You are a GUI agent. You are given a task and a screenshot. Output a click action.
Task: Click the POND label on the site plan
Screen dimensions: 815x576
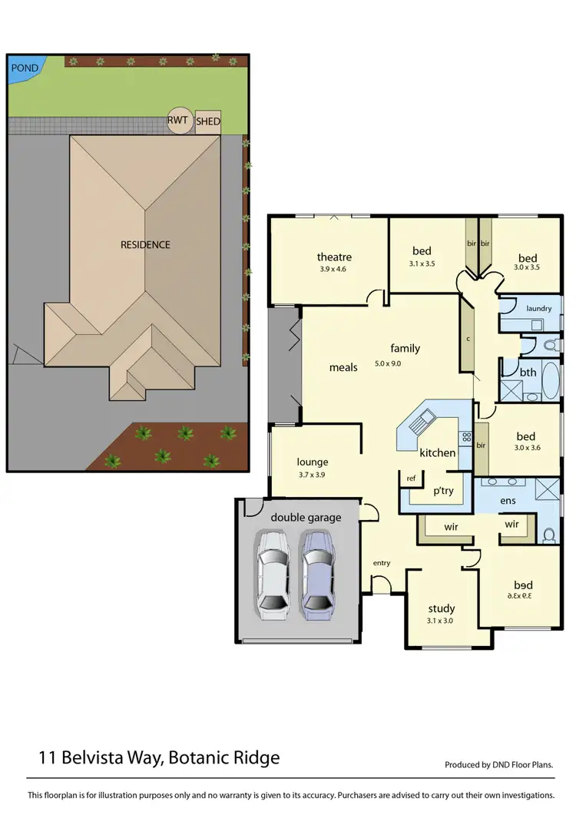(x=25, y=68)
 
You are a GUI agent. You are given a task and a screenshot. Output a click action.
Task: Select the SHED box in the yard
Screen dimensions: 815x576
(x=207, y=121)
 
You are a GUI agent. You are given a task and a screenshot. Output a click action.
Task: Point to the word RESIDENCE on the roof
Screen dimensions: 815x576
(x=145, y=244)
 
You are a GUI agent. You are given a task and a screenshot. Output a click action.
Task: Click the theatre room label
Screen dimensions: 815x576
(x=334, y=257)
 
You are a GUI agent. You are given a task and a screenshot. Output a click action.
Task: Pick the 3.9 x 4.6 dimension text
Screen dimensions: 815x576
(x=334, y=270)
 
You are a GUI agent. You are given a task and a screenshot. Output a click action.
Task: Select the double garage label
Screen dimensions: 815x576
(x=306, y=518)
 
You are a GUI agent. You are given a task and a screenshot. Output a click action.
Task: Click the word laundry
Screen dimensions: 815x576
(x=539, y=309)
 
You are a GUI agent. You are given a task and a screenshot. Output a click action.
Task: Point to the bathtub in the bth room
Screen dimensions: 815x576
(x=549, y=382)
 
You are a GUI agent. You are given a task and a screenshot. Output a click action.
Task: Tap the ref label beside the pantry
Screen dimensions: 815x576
(x=411, y=479)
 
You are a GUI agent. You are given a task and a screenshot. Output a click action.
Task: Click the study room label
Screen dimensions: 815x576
(x=442, y=608)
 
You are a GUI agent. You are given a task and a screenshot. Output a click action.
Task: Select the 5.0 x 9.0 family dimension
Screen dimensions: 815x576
(x=389, y=363)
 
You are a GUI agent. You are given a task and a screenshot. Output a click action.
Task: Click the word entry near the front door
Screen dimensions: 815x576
(x=382, y=563)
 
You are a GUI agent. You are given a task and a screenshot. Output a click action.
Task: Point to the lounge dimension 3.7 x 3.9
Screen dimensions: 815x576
(x=313, y=475)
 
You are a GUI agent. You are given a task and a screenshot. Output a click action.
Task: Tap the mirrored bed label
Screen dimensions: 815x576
(x=521, y=585)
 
